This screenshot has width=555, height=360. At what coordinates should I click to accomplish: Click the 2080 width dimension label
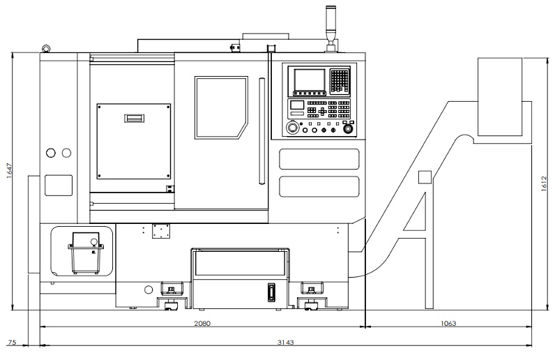pos(202,323)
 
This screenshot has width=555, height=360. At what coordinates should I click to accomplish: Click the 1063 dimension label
pos(448,323)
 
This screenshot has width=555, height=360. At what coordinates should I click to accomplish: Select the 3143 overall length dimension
pos(285,343)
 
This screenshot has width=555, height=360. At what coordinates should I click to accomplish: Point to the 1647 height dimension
pos(10,170)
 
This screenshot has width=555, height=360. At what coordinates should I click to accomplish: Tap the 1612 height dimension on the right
pos(545,183)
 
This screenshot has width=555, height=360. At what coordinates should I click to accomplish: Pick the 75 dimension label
pos(12,343)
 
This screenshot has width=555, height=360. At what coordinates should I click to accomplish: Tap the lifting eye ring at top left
pos(46,49)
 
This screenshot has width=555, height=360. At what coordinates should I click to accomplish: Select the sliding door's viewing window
pos(221,107)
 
